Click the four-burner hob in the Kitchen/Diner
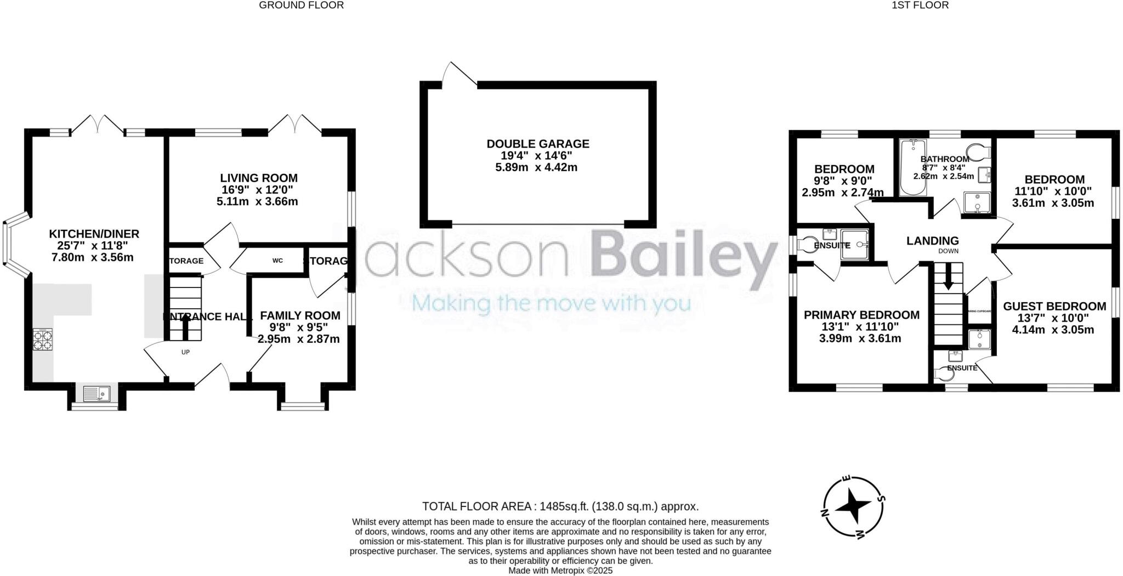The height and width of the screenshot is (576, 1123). pyautogui.click(x=43, y=339)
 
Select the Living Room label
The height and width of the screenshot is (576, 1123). pyautogui.click(x=259, y=178)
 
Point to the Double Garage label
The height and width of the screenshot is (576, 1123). pyautogui.click(x=538, y=144)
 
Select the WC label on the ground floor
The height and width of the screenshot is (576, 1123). pyautogui.click(x=277, y=261)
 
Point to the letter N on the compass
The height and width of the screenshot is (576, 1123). pyautogui.click(x=824, y=513)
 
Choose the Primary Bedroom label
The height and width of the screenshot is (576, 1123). pyautogui.click(x=861, y=315)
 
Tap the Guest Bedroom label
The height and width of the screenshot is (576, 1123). pyautogui.click(x=1054, y=306)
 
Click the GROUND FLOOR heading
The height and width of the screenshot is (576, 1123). pyautogui.click(x=301, y=5)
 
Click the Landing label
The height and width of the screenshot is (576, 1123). pyautogui.click(x=932, y=240)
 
